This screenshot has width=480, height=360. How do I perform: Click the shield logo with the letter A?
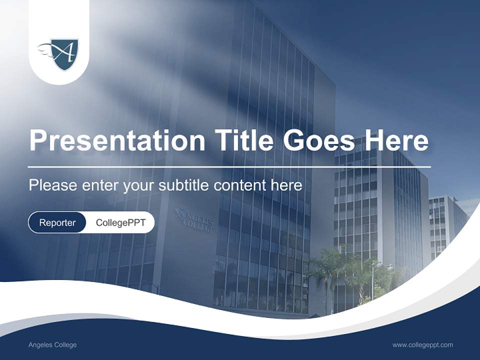64,53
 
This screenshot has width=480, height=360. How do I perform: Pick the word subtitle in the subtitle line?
185,185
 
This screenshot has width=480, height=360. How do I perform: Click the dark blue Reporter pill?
57,222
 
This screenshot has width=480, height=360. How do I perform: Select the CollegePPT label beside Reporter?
120,222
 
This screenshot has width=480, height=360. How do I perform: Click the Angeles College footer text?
52,345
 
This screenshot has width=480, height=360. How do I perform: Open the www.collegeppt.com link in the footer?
422,345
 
